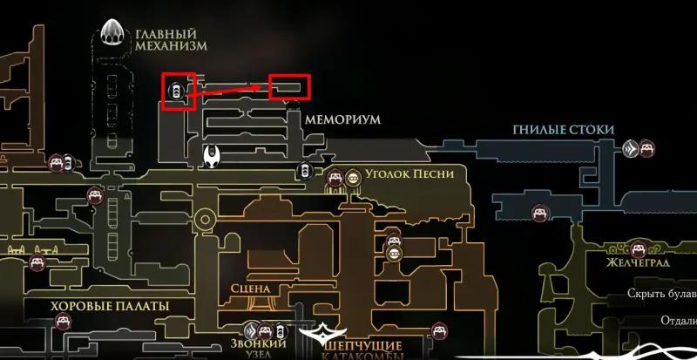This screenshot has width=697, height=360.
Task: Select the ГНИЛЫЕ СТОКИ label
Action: (564, 130)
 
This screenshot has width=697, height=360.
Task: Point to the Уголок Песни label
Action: (409, 173)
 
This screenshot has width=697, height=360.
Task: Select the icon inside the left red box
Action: (177, 90)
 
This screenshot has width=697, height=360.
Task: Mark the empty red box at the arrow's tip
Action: (290, 86)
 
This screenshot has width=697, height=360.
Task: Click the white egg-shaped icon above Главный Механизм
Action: (113, 33)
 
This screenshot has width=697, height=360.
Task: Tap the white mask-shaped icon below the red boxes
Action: (213, 157)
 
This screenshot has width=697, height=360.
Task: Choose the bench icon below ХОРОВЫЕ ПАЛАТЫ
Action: (63, 322)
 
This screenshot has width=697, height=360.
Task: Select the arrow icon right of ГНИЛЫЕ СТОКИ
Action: (630, 149)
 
